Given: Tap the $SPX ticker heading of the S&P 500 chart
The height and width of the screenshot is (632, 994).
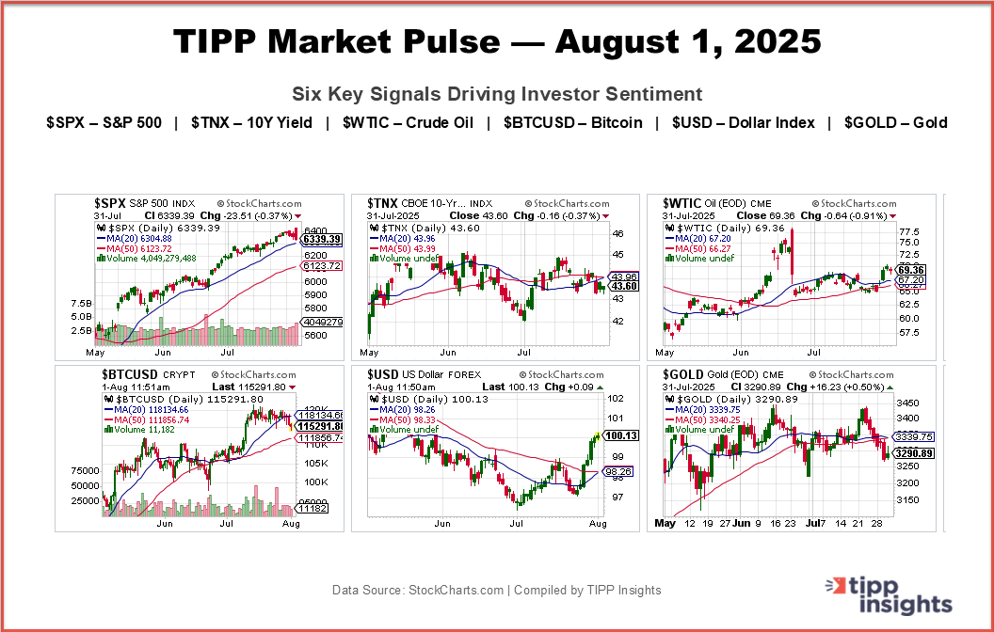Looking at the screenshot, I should click(110, 203).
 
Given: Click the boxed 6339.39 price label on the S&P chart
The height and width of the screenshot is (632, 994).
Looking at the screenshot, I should click(320, 240).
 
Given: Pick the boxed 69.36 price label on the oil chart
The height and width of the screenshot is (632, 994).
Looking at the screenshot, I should click(914, 269).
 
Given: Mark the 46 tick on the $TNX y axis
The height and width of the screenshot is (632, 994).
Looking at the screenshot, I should click(618, 232).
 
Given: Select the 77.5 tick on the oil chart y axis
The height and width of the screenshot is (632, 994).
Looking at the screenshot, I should click(908, 231).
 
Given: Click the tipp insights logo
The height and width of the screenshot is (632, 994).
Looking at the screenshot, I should click(891, 594).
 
